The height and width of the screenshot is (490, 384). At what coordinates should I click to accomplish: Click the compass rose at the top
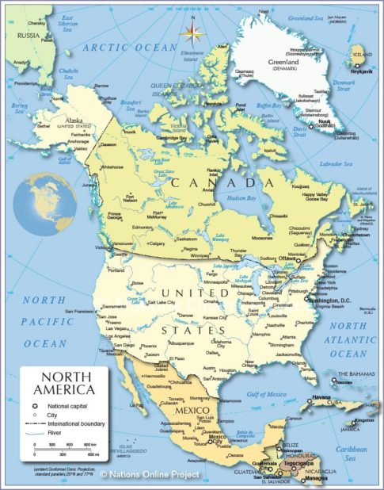click(191, 32)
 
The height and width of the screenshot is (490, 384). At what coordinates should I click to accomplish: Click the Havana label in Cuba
click(320, 396)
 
